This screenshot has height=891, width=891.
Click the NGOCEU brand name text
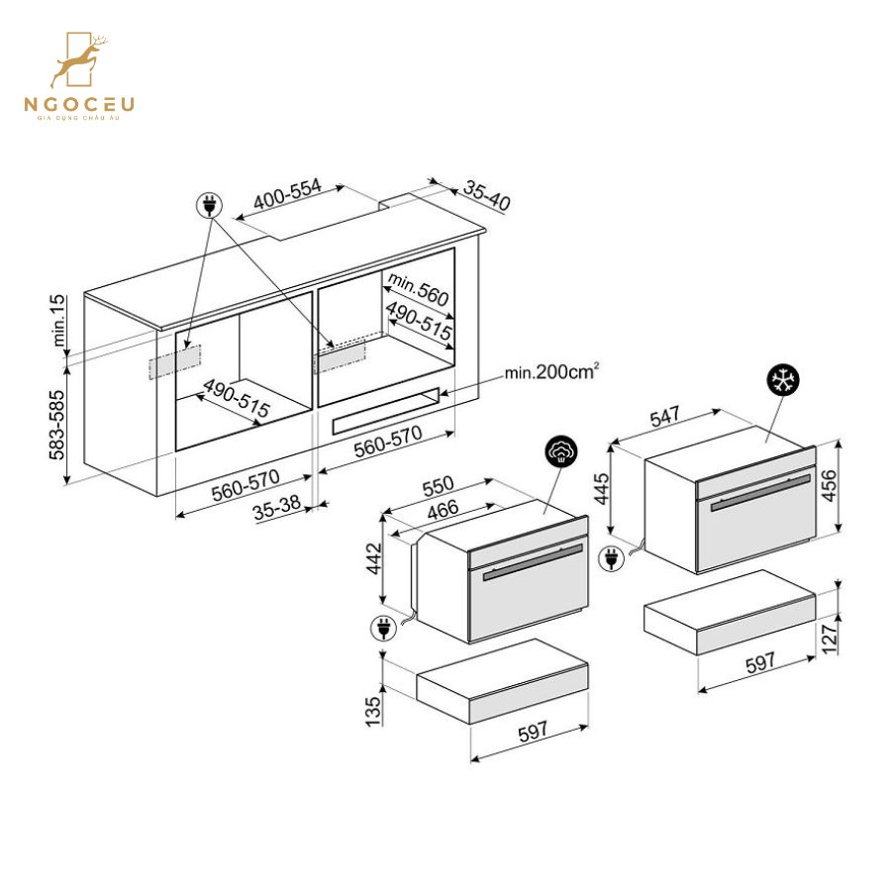click(79, 104)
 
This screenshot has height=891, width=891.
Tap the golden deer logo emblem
click(79, 60)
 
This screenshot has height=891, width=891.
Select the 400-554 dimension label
click(287, 194)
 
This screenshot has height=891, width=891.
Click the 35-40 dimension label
click(487, 195)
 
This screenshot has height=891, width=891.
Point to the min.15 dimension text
click(58, 321)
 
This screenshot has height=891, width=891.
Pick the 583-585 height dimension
click(56, 425)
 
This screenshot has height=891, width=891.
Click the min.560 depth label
click(418, 288)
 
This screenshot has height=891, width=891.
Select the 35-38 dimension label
click(277, 508)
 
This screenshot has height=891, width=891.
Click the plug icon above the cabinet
click(209, 205)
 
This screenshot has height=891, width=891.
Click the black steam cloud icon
click(561, 452)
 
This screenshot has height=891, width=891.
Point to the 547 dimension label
click(665, 416)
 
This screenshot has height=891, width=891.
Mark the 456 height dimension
click(830, 485)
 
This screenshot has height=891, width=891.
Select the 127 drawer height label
click(830, 640)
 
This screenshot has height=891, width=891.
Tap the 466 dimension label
click(443, 509)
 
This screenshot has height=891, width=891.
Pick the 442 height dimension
click(374, 558)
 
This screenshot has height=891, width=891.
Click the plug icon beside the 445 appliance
click(612, 558)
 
